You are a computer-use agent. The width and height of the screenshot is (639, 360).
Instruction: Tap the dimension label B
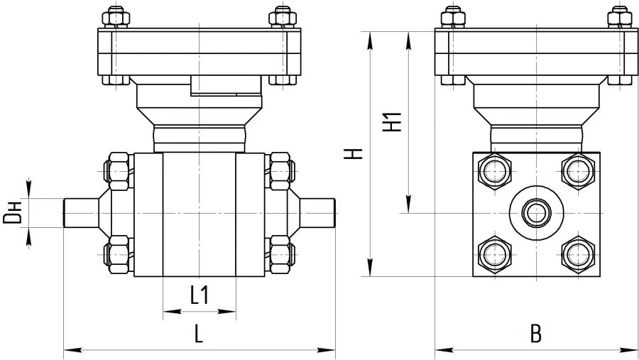coord(536,332)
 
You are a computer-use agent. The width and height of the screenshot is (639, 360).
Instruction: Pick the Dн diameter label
coord(12,213)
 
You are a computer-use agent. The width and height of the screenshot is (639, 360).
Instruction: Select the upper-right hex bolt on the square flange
coord(578,170)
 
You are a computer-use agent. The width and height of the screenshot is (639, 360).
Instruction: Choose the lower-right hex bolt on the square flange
coord(578,254)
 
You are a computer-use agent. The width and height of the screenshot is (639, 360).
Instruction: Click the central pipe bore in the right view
coord(535,212)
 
